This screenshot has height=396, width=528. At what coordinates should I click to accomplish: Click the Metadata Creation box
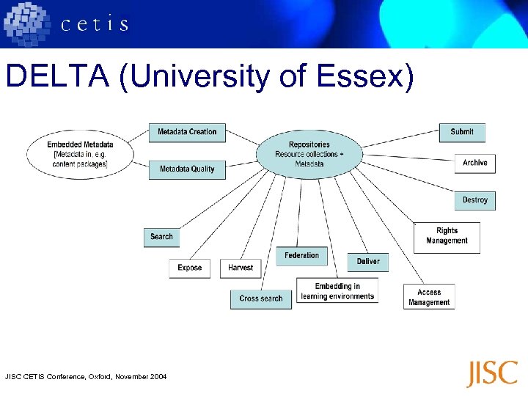coord(187,132)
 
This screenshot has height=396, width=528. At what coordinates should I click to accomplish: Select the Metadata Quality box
coord(187,169)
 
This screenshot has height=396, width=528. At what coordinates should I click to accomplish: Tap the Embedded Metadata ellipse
coord(80,154)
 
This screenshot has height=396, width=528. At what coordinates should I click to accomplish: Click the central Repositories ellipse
coord(309,154)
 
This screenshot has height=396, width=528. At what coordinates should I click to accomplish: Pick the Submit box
coord(462,132)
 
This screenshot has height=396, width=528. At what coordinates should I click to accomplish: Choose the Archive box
coord(474,163)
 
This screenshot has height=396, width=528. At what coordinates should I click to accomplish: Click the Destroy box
coord(474,200)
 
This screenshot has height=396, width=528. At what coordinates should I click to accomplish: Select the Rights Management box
coord(447,236)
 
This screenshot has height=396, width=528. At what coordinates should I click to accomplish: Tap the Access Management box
coord(429,297)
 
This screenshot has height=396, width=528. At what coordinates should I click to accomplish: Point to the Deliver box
coord(368,262)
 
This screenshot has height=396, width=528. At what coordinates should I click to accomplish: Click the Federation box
coord(302,255)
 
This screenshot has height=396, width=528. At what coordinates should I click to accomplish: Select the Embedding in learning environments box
coord(337,291)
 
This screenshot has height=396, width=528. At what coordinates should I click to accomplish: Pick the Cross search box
coord(261,298)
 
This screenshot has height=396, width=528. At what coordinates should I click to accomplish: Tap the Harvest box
coord(241,268)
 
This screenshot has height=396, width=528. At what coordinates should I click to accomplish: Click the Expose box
coord(190,268)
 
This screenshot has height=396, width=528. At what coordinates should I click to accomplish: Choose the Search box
coord(161,237)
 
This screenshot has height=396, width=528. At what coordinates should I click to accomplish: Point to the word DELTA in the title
coord(56,76)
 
